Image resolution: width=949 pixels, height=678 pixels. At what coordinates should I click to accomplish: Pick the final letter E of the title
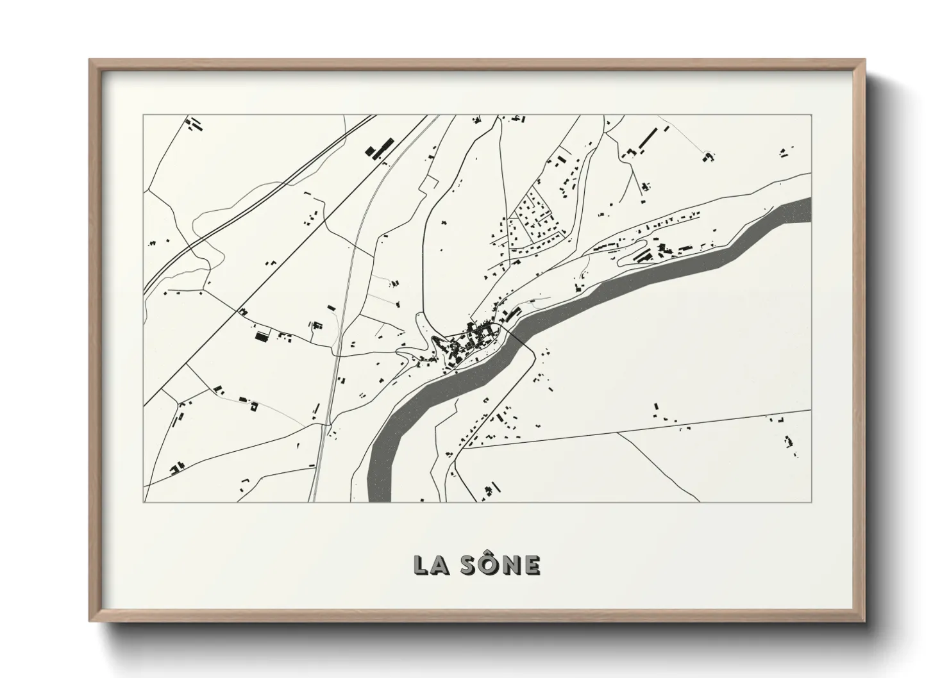[x=532, y=565]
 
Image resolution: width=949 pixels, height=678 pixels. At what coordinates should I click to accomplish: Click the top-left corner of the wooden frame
[x=90, y=60]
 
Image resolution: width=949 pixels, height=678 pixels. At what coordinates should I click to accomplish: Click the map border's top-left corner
[x=144, y=115]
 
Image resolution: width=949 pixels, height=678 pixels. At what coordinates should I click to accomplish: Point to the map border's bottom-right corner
[x=811, y=502]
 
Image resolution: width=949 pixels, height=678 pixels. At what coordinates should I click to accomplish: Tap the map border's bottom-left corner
[x=144, y=502]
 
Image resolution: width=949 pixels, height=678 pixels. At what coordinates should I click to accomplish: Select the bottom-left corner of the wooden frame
[x=90, y=621]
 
